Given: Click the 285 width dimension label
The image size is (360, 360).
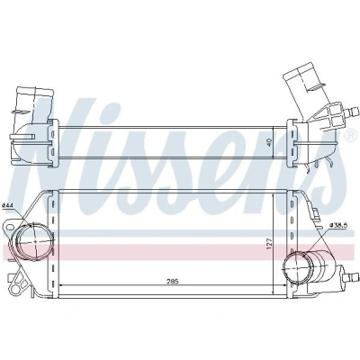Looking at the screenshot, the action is coord(173,281).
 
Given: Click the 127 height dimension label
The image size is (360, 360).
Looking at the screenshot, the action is coord(269,244).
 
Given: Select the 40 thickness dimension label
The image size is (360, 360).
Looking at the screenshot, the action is coord(269,142).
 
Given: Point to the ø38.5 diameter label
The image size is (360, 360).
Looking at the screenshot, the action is coord(338,224).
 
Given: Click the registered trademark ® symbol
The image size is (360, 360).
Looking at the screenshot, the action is coord(350,136).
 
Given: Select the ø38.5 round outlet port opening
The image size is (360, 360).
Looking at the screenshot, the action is coord(296,265).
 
